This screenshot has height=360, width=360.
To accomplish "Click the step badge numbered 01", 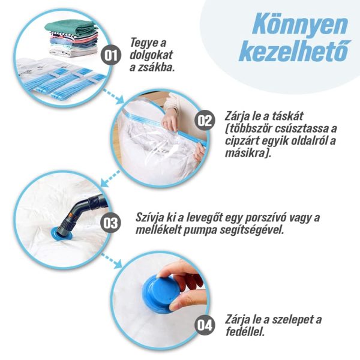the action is point(111,55).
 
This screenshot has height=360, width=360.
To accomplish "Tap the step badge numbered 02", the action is point(205,121).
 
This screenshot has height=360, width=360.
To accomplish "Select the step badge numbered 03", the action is point(110,223).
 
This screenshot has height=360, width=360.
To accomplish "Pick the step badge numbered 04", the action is point(205,325).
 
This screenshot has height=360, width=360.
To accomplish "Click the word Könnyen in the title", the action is point(300,23).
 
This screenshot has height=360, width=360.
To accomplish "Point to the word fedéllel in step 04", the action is point(245,332).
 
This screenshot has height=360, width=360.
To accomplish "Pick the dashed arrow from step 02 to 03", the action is point(110,178).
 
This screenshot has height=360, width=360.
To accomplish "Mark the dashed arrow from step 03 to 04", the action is point(112,261).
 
